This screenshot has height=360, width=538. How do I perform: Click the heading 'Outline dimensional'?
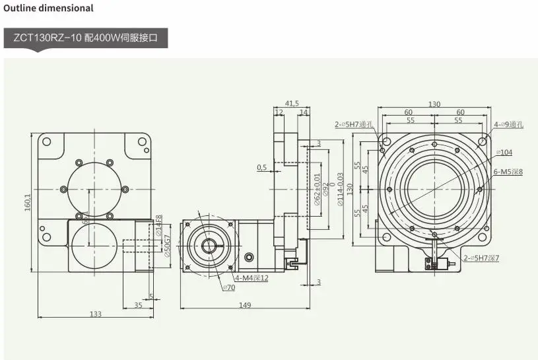49,9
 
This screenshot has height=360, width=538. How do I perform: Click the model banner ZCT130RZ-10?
86,38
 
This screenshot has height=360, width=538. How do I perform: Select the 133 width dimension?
95,314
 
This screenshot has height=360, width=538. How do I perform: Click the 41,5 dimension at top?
292,103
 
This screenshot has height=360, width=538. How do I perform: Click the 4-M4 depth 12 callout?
252,278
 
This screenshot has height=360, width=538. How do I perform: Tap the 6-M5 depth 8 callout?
508,172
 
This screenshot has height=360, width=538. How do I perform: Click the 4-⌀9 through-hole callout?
508,124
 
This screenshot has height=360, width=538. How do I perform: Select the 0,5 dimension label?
262,167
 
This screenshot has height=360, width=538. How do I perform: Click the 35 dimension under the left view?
138,305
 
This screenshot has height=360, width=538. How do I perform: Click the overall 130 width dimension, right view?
434,104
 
